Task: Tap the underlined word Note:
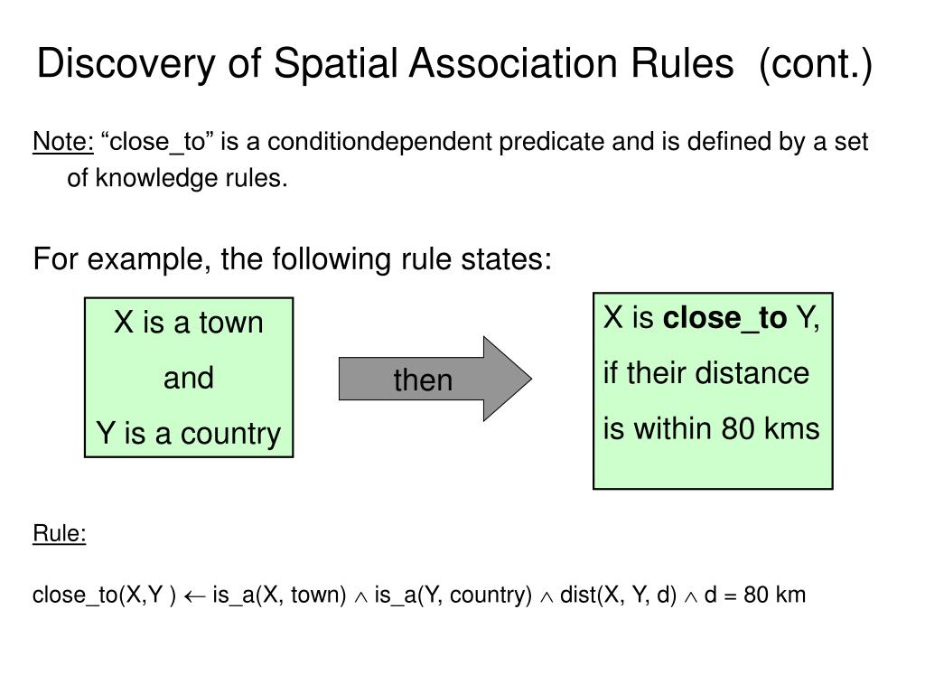pyautogui.click(x=63, y=142)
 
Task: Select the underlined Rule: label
pyautogui.click(x=60, y=534)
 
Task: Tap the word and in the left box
pyautogui.click(x=188, y=378)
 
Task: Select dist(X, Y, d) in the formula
pyautogui.click(x=618, y=596)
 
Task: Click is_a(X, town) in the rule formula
pyautogui.click(x=280, y=596)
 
